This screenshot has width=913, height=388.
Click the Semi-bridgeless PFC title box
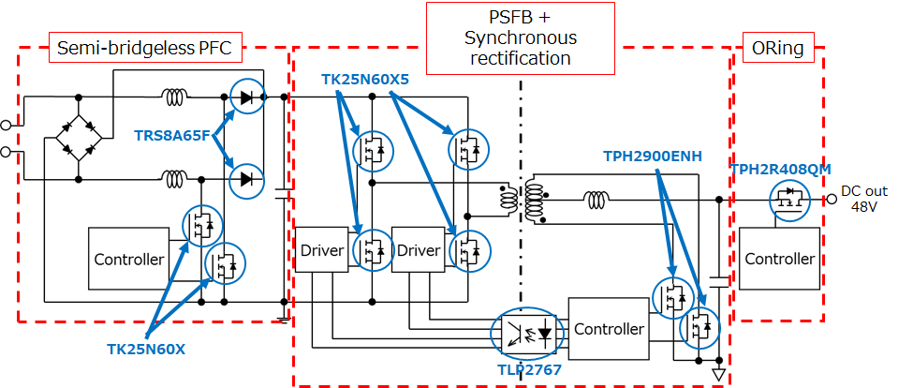pyautogui.click(x=143, y=47)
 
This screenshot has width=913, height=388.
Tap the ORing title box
pyautogui.click(x=778, y=48)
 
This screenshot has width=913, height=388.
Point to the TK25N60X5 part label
pyautogui.click(x=365, y=80)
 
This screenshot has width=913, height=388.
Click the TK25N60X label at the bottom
pyautogui.click(x=146, y=350)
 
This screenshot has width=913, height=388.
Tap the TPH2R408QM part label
pyautogui.click(x=780, y=170)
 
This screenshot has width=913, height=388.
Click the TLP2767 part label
pyautogui.click(x=530, y=369)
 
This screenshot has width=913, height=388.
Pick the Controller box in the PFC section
pyautogui.click(x=128, y=258)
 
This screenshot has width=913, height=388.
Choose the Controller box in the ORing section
pyautogui.click(x=779, y=259)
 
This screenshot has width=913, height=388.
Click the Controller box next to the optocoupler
pyautogui.click(x=609, y=329)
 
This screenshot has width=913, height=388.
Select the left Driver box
pyautogui.click(x=322, y=250)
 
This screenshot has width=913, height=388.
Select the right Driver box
pyautogui.click(x=419, y=250)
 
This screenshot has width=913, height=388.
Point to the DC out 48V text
pyautogui.click(x=863, y=198)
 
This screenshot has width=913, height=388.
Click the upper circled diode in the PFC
pyautogui.click(x=247, y=97)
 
